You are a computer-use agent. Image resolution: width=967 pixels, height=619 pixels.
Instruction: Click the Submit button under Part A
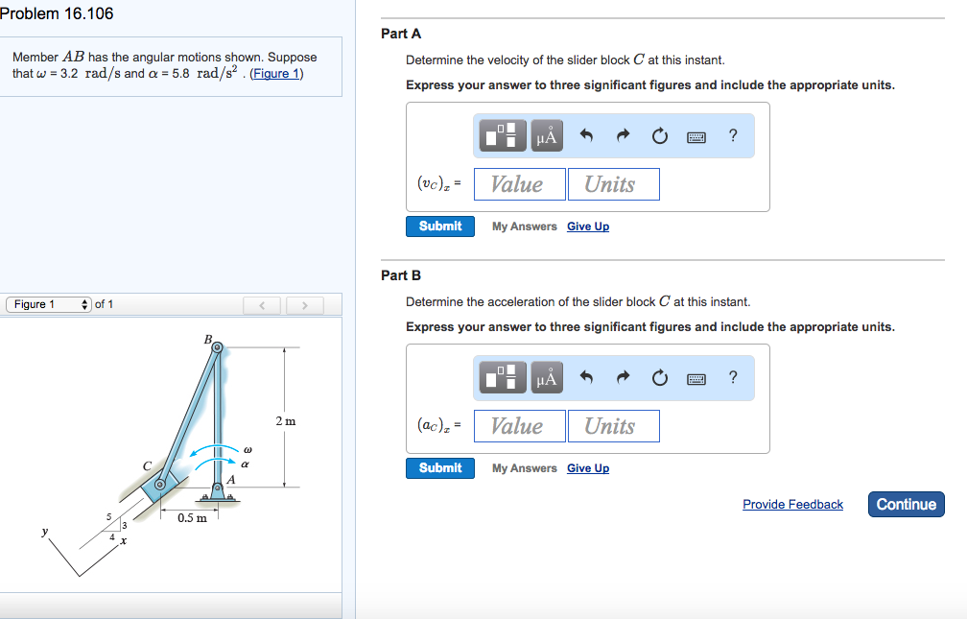440,226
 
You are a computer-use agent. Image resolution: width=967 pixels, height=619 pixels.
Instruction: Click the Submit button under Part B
440,468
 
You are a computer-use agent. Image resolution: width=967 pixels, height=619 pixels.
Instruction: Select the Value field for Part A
518,184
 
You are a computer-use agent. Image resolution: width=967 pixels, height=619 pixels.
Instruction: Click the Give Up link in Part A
587,226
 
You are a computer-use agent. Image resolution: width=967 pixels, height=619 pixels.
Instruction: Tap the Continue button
906,504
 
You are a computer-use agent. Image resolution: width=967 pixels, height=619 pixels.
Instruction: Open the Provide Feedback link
792,505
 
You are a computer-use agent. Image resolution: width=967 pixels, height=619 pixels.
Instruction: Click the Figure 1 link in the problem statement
276,74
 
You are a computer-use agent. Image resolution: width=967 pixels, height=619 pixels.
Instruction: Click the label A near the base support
231,479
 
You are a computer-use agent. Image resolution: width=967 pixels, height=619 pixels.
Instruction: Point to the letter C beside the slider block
147,465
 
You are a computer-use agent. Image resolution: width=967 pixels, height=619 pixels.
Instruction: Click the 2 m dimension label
285,421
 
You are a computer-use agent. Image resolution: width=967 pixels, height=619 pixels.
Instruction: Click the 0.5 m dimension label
192,518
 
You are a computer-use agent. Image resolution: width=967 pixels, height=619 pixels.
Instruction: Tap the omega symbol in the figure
247,449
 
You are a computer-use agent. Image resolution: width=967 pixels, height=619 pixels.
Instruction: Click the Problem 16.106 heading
57,13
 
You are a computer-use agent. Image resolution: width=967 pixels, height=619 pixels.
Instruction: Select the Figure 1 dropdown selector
50,305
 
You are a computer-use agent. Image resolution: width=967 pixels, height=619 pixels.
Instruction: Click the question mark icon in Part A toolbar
733,135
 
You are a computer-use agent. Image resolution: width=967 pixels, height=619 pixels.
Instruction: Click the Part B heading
401,275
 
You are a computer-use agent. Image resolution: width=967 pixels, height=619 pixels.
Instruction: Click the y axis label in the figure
44,529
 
